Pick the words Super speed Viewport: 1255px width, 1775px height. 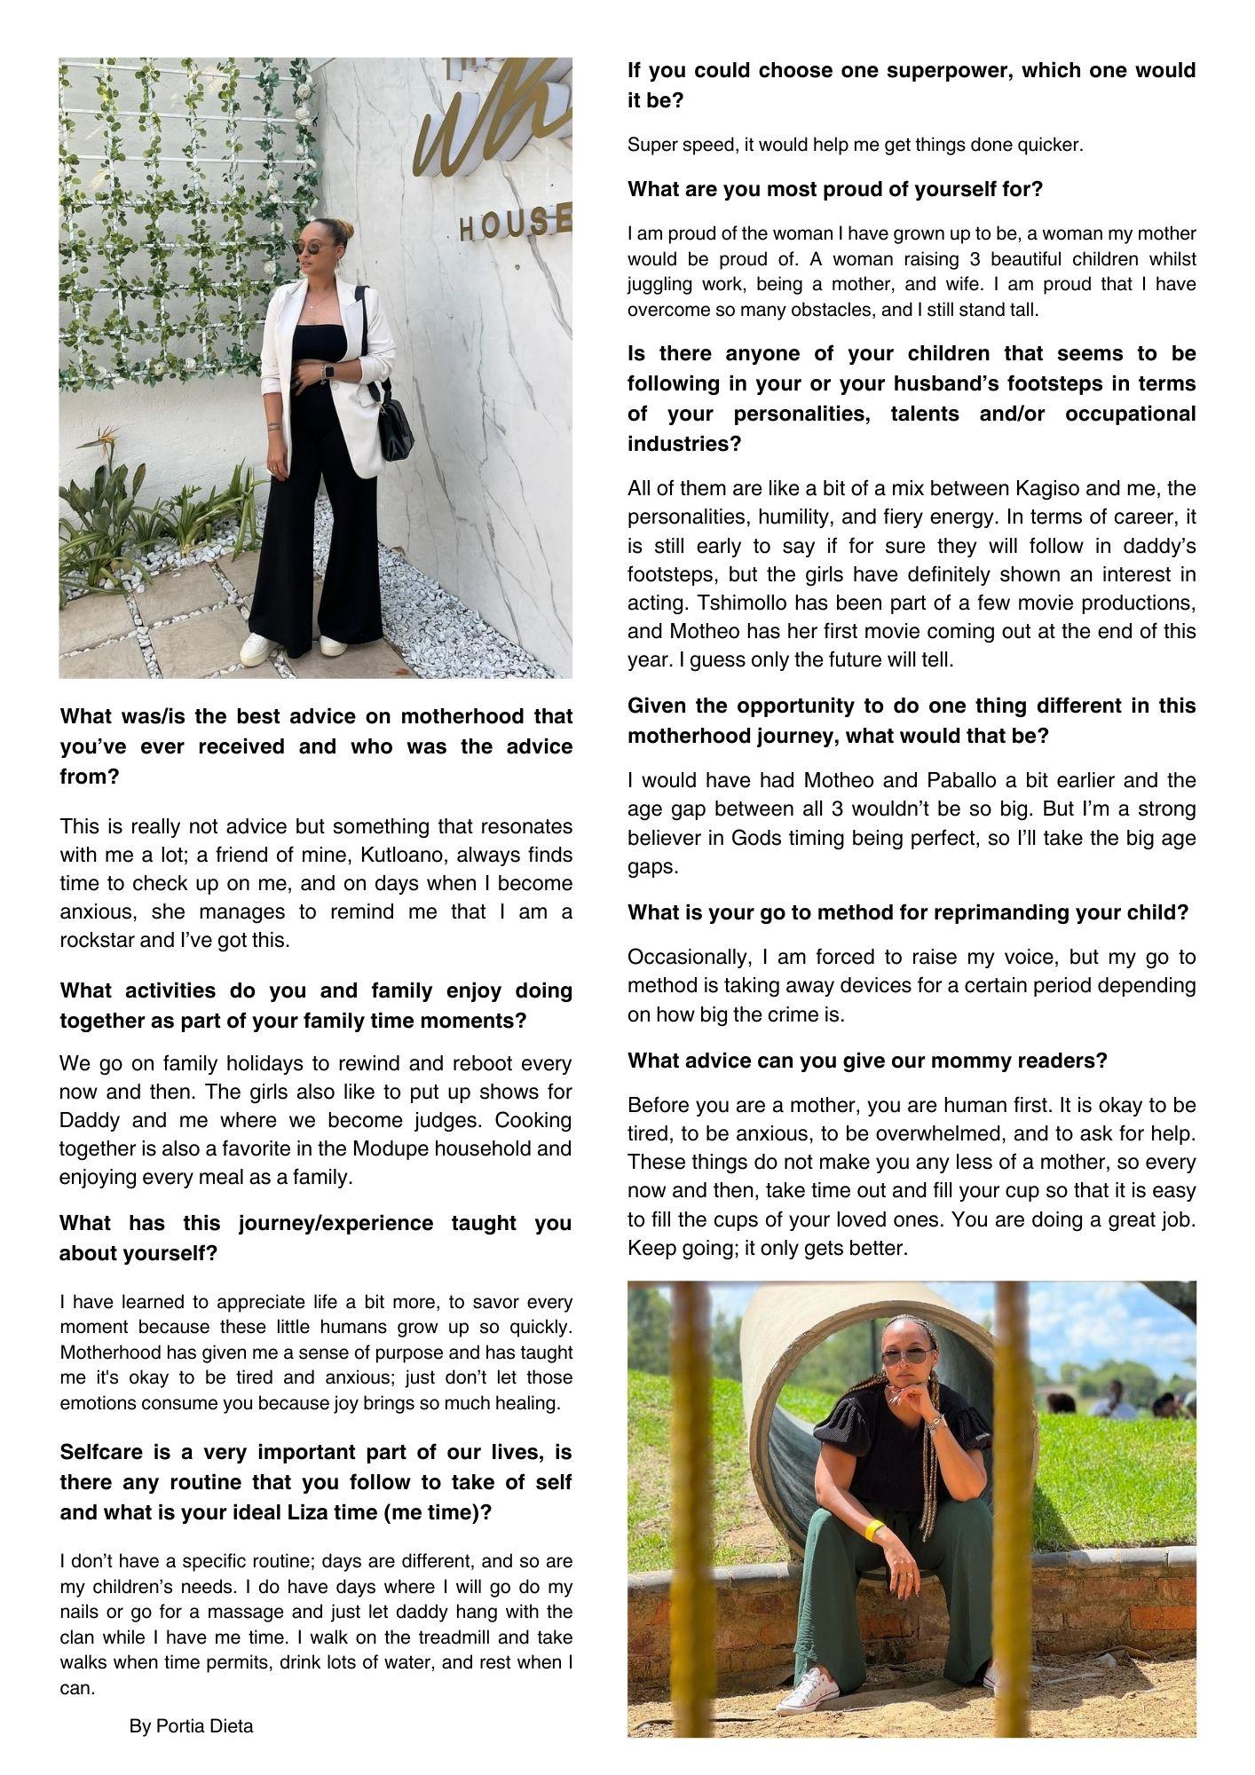click(x=682, y=145)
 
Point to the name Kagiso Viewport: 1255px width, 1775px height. click(x=1054, y=488)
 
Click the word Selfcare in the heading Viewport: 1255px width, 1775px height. click(x=107, y=1452)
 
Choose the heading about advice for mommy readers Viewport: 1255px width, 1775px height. click(x=867, y=1061)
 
